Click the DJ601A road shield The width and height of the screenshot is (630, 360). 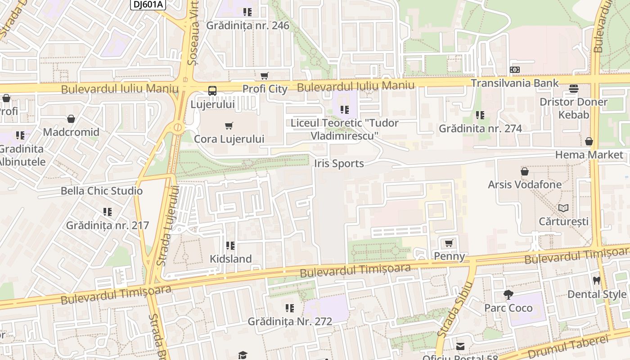(x=148, y=4)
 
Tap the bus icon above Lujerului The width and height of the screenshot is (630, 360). (x=212, y=91)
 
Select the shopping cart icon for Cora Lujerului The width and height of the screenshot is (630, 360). (x=229, y=126)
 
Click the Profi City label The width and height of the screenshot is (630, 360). (x=265, y=89)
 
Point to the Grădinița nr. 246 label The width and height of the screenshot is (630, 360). (x=247, y=26)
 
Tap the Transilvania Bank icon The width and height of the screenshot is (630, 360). (x=515, y=70)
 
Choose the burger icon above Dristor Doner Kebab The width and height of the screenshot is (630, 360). (x=573, y=89)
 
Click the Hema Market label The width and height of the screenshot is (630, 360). (x=589, y=155)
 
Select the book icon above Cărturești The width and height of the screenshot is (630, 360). (x=563, y=208)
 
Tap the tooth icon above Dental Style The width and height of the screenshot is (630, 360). (x=597, y=280)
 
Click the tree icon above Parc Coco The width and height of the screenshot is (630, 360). (x=508, y=295)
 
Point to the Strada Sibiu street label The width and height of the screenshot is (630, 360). (x=454, y=310)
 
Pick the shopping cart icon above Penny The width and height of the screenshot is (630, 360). (x=449, y=243)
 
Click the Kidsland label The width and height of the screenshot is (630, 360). (x=230, y=259)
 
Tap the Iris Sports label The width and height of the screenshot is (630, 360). (x=339, y=164)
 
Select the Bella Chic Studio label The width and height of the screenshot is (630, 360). (x=102, y=191)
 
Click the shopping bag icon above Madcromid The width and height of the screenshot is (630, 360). (x=71, y=119)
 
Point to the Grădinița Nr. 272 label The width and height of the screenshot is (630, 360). (x=290, y=322)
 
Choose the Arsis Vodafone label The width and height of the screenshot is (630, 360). (x=525, y=184)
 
